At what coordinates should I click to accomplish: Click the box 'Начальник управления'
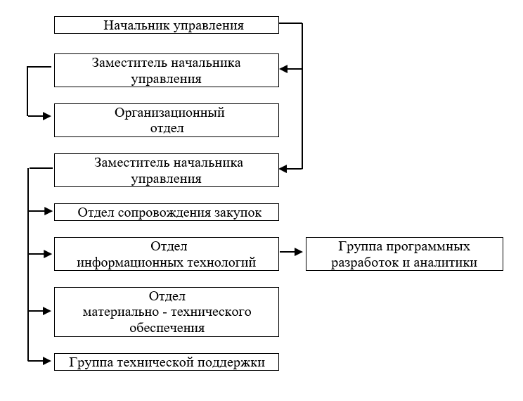pos(167,25)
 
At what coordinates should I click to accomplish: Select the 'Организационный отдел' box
pos(167,120)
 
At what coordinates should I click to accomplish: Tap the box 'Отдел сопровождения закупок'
pos(167,212)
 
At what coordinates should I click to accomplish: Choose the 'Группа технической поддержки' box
pos(167,362)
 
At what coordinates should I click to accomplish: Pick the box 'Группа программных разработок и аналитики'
pos(405,254)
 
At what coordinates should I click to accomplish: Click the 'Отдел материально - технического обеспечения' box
pos(167,312)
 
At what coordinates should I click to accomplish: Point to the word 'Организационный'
pos(169,112)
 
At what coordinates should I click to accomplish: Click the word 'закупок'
pos(239,212)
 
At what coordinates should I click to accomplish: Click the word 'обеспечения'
pos(167,327)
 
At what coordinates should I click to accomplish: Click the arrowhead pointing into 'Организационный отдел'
pos(49,115)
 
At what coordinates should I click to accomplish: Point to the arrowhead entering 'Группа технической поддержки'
pos(49,361)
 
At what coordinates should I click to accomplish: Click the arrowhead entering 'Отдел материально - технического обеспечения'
pos(49,310)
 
